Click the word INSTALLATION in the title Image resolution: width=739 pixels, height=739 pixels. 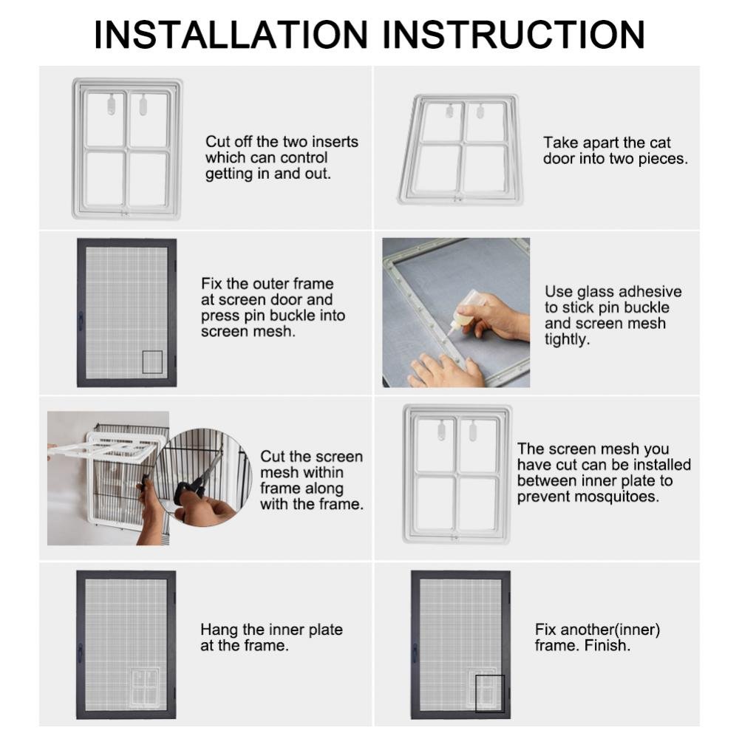click(x=231, y=35)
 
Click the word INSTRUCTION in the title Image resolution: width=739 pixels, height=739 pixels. click(x=514, y=35)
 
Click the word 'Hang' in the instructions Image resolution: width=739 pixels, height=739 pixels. click(x=219, y=630)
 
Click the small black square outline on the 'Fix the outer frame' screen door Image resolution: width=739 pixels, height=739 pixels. click(x=152, y=362)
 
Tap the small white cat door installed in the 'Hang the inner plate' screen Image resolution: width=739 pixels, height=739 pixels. click(x=145, y=687)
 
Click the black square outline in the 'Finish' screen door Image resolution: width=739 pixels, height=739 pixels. click(x=490, y=694)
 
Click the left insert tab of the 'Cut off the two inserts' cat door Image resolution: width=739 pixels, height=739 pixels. click(x=112, y=104)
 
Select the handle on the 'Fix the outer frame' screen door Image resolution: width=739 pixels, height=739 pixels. click(x=81, y=321)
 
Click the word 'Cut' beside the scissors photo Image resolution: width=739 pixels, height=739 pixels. click(x=273, y=457)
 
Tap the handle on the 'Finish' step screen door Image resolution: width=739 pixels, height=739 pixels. click(x=415, y=653)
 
